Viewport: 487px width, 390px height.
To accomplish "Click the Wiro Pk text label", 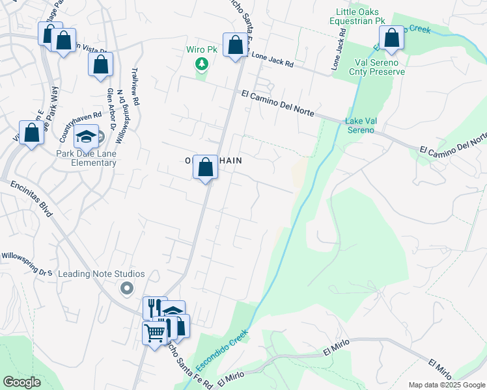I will tap(201, 49).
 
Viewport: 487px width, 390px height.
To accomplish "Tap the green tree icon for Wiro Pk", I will tap(202, 64).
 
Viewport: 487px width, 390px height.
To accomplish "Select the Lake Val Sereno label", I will tap(359, 125).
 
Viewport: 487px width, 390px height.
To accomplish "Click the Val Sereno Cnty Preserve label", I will tap(379, 67).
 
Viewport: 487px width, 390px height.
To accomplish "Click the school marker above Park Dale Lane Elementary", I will tap(86, 136).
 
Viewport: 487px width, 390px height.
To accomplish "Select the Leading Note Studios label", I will tap(101, 274).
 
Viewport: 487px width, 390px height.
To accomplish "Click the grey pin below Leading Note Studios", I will tap(127, 287).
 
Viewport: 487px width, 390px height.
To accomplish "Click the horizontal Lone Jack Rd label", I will tap(271, 60).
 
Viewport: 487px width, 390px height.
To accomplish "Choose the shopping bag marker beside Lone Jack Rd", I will tap(235, 45).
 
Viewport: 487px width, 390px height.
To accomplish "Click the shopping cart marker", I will tap(154, 333).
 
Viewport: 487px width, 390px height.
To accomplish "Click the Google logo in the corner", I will tap(22, 382).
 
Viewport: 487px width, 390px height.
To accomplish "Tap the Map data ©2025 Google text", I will tap(446, 385).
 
